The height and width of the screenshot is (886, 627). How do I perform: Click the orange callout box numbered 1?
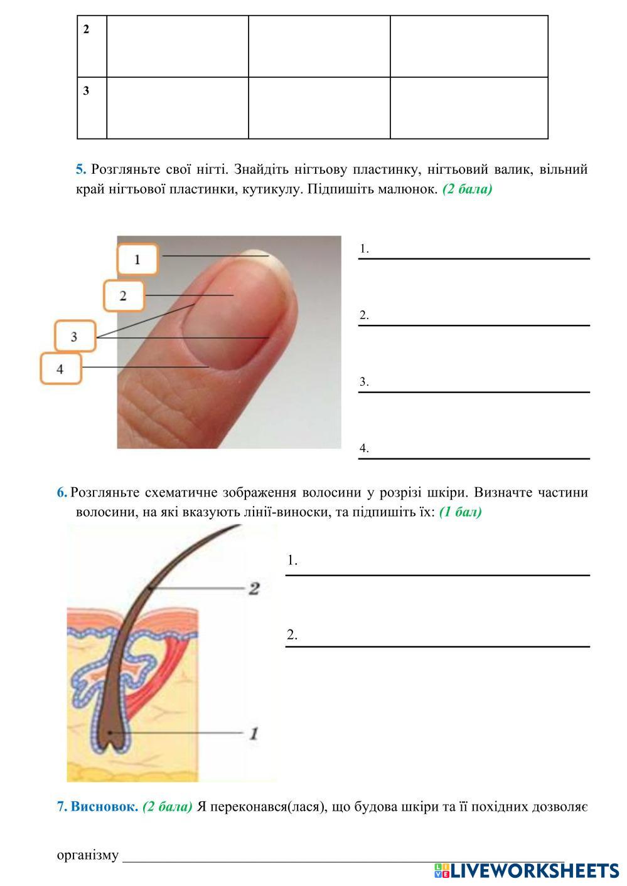137,259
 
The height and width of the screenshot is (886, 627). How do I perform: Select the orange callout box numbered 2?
124,295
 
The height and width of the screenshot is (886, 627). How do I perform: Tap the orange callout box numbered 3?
75,336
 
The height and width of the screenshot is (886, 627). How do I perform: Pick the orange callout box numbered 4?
60,369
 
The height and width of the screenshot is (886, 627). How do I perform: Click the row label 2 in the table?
86,29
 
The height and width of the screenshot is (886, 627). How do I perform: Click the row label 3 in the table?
86,90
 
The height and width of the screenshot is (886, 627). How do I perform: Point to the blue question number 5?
81,169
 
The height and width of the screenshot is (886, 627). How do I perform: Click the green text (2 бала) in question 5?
468,189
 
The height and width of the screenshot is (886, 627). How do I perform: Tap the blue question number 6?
62,492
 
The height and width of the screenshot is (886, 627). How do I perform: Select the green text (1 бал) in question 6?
460,512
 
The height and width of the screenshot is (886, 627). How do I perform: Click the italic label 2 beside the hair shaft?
254,588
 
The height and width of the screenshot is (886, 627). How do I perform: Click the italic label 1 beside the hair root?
254,734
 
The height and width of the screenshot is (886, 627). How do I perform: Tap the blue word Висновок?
104,806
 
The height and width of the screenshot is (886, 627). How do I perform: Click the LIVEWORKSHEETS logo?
527,871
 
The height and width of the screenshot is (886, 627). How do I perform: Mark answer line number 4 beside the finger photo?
474,458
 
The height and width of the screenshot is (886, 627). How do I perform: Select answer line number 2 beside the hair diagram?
437,646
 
